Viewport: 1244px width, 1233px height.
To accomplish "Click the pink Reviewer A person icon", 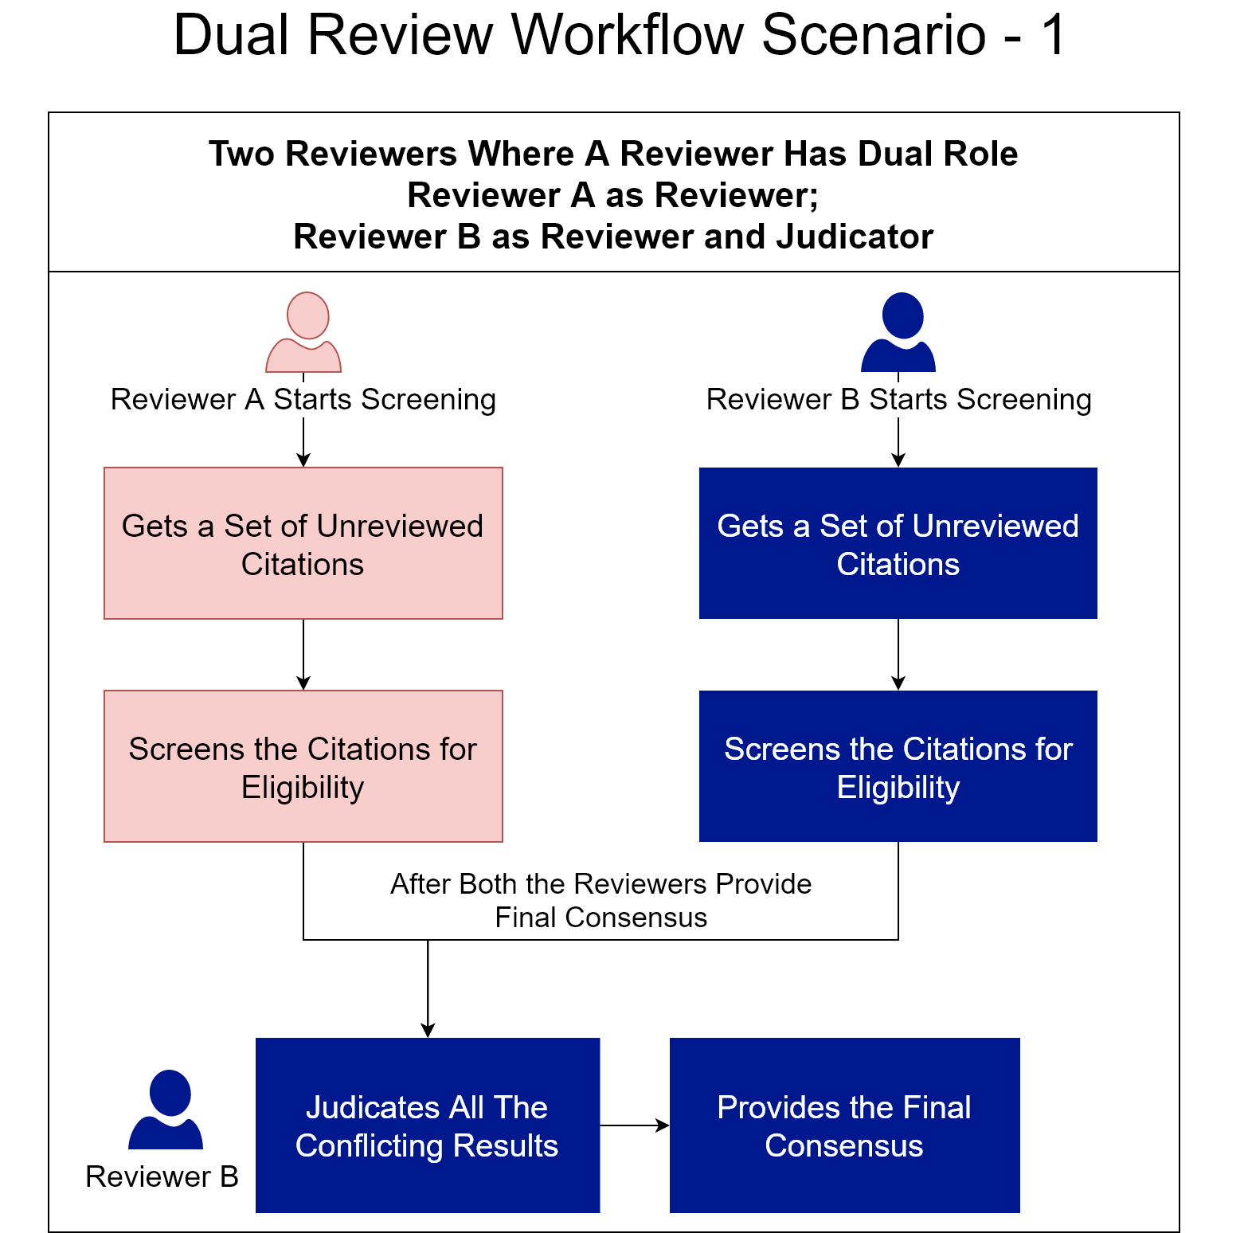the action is (x=303, y=332).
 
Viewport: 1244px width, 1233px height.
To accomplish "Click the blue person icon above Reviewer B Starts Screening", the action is (x=898, y=332).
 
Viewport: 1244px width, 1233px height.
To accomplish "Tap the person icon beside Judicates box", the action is (x=166, y=1110).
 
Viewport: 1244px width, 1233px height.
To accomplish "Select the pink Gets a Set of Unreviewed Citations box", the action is (x=303, y=543).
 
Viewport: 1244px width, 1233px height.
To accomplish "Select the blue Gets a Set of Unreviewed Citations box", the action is (x=898, y=543).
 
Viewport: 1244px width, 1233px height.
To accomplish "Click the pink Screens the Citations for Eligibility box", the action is (x=303, y=766).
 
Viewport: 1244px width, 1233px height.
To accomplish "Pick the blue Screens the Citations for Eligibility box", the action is (x=898, y=766).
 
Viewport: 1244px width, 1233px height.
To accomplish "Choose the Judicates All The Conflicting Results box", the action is (x=428, y=1125).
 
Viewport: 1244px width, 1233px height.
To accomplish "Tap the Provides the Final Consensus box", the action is (x=845, y=1125).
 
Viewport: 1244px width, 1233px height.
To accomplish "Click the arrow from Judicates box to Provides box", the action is (x=635, y=1125).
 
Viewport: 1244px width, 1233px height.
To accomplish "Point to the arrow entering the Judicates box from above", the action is (x=428, y=989).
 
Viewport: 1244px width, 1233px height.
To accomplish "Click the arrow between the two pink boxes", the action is (x=303, y=655).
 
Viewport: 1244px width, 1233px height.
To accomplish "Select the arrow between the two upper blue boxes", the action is (x=898, y=655).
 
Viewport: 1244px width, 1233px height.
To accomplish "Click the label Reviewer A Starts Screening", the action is (x=303, y=399).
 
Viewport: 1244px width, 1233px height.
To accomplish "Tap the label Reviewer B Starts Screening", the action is (x=899, y=399).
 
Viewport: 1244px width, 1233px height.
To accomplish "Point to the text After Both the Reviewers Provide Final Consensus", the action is (x=601, y=901).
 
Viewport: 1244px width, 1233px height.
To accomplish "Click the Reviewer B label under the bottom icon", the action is (x=162, y=1176).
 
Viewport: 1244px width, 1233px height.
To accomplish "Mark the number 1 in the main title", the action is (x=1054, y=35).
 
